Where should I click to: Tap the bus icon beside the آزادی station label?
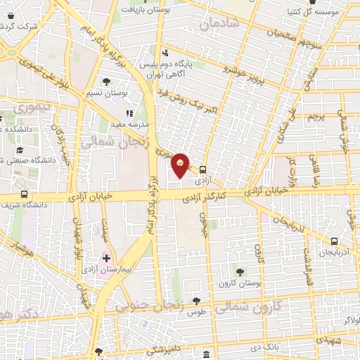(203, 169)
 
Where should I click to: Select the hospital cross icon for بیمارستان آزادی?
(107, 258)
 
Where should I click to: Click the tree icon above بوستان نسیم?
(106, 82)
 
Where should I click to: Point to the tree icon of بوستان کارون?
(240, 271)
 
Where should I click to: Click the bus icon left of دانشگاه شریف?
(25, 195)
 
